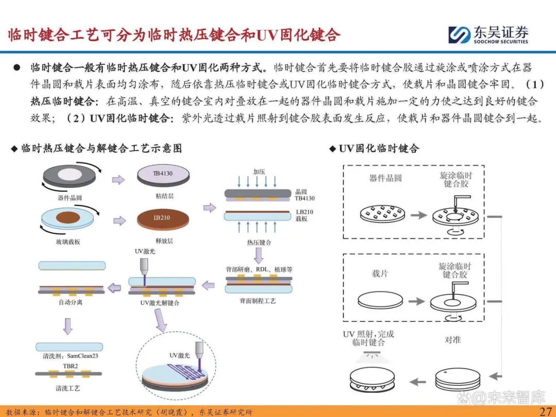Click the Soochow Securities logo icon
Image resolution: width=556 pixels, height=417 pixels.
[x=459, y=34]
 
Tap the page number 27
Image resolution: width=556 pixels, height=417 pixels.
[x=545, y=411]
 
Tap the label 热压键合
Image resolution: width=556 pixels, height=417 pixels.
[x=259, y=242]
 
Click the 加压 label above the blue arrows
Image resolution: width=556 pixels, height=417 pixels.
[x=259, y=171]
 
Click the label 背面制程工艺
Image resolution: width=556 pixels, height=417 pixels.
[x=258, y=301]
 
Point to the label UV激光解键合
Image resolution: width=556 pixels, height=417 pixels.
[x=160, y=303]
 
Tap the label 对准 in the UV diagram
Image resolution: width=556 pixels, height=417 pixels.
[x=453, y=340]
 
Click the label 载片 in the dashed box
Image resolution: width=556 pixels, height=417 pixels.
[x=379, y=274]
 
